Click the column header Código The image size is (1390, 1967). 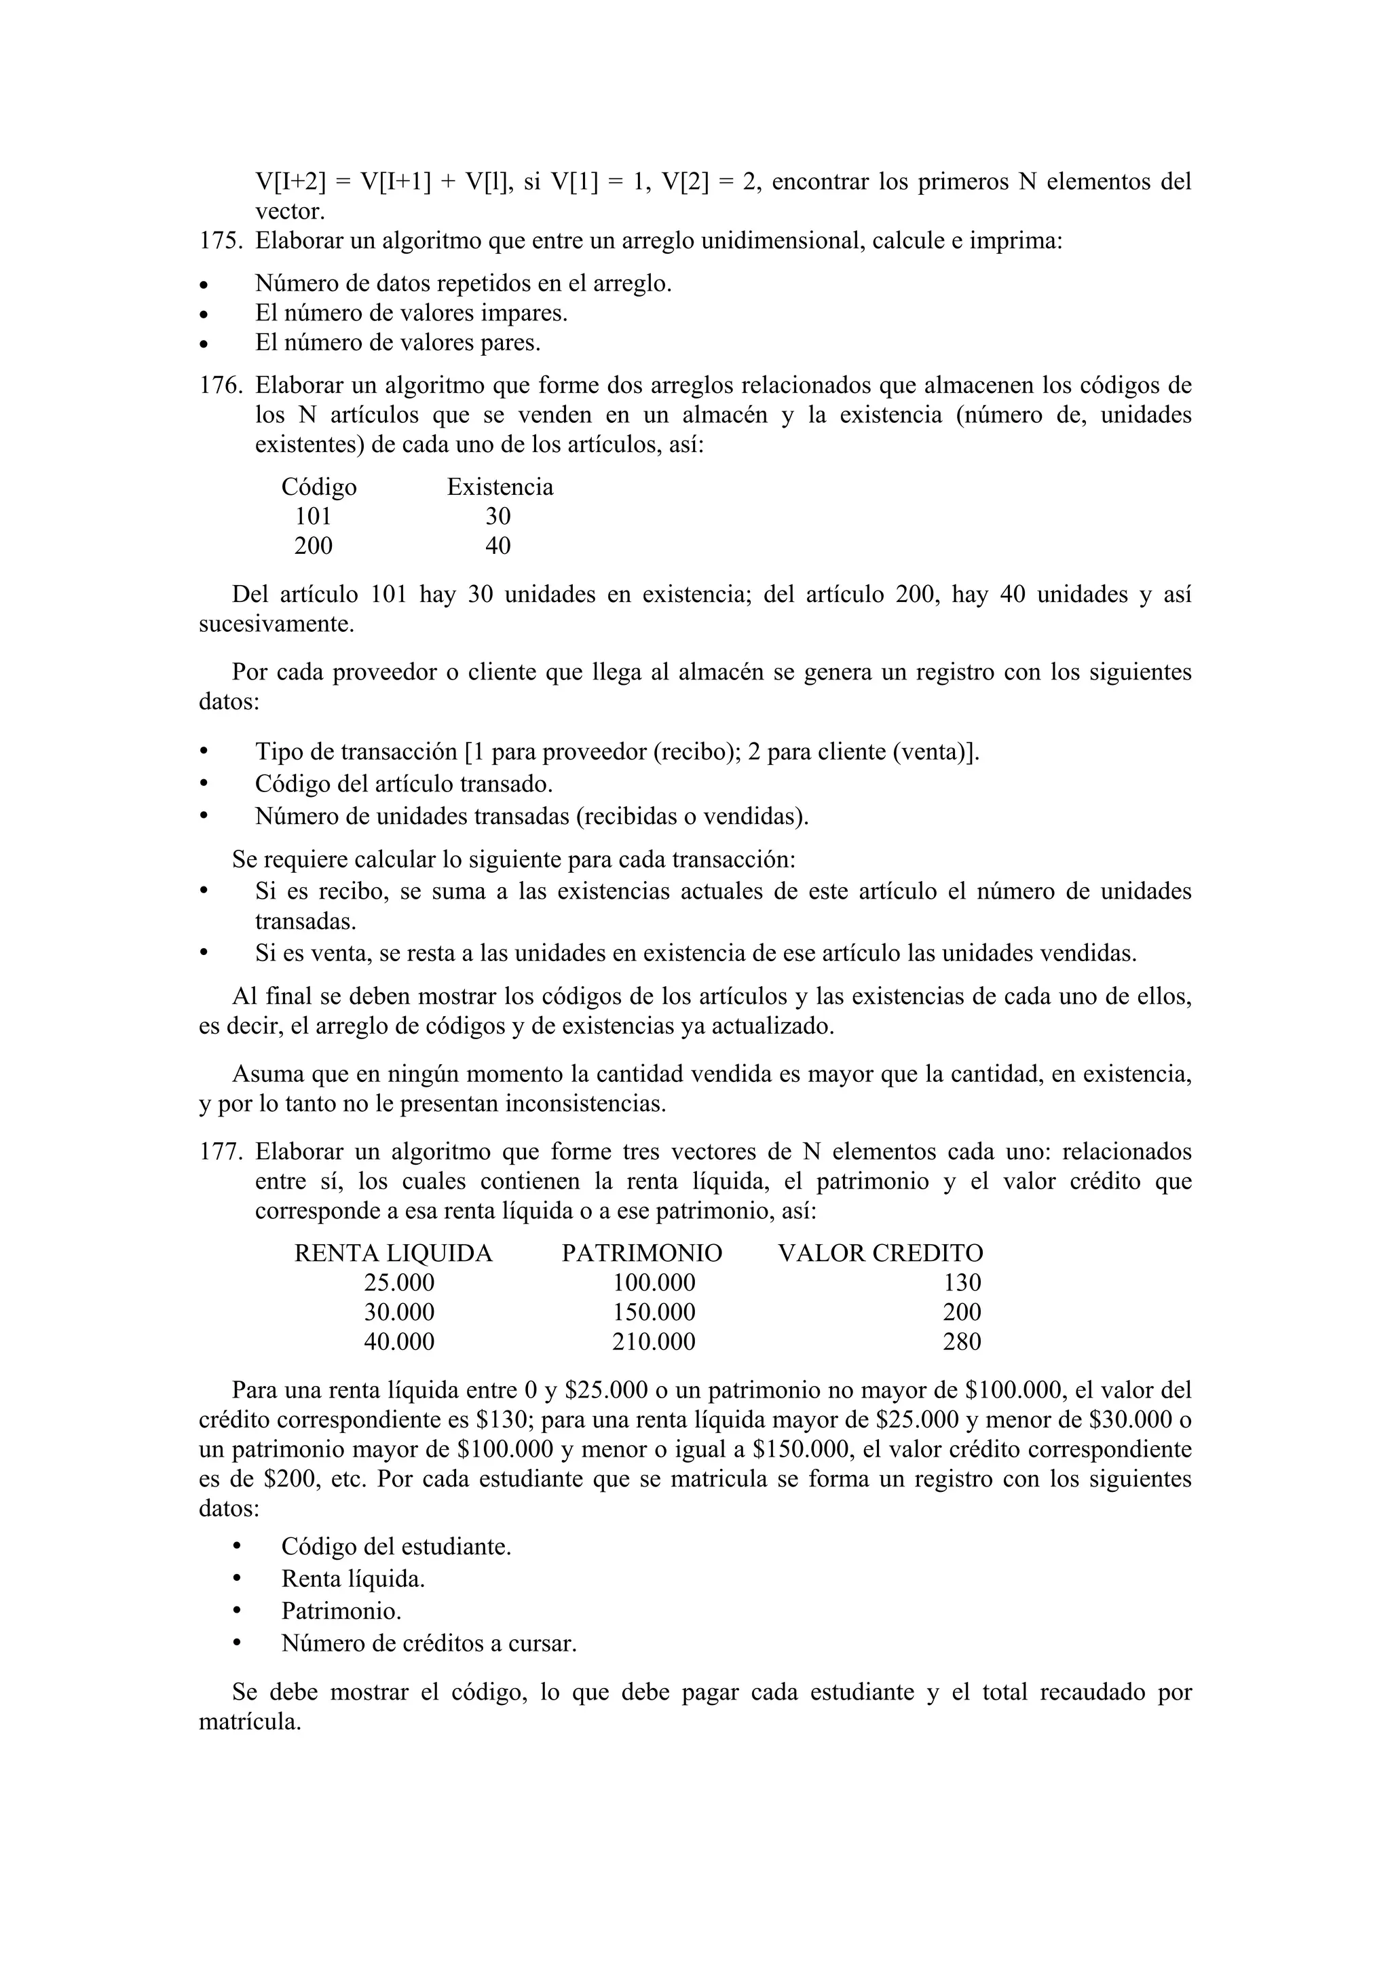pos(318,487)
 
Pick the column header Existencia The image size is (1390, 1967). pos(500,487)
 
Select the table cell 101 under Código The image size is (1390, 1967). pos(313,517)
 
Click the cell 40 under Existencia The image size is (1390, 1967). pos(497,546)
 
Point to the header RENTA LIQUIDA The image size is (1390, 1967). pos(393,1254)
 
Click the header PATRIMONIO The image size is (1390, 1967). pos(641,1254)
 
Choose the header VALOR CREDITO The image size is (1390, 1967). pos(880,1254)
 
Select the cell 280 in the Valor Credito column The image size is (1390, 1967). pos(962,1342)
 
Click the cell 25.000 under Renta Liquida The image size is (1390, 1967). pos(399,1283)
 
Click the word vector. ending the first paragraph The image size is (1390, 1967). pos(290,212)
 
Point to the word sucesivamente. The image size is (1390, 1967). pos(276,624)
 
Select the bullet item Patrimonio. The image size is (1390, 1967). pos(341,1611)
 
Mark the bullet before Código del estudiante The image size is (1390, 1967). pos(238,1546)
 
